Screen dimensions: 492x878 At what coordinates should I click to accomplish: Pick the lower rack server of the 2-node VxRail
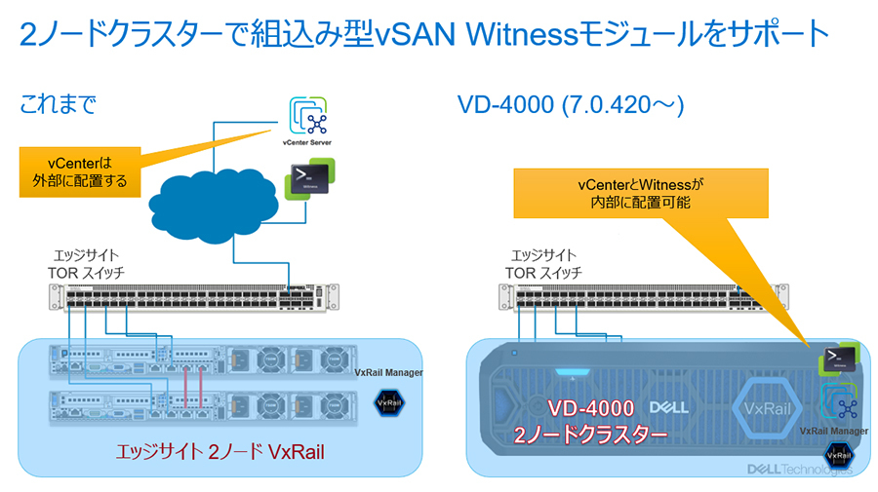tap(190, 404)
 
